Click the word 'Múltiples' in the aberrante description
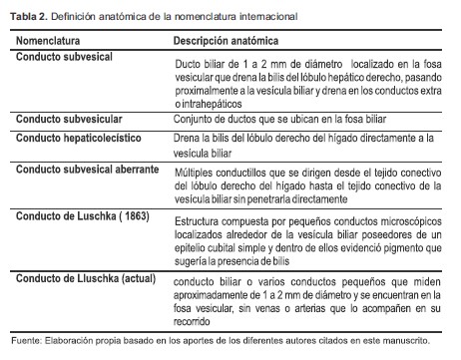coord(196,171)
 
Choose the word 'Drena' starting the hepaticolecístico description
coord(188,137)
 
